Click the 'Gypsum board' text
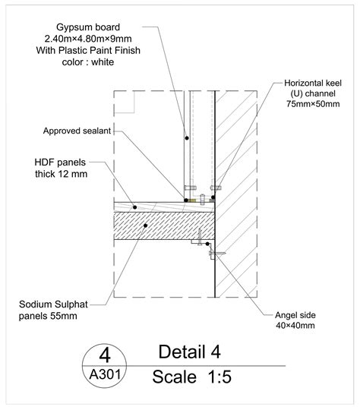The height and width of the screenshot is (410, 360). [x=88, y=27]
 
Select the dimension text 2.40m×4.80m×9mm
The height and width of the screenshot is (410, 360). [x=88, y=39]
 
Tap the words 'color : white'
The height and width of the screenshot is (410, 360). [x=88, y=62]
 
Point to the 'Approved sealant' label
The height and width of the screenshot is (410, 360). [x=77, y=131]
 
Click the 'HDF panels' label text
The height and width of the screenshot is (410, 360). [x=60, y=162]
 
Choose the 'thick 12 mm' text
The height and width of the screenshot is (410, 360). [x=62, y=174]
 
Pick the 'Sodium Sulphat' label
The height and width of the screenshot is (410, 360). [x=53, y=304]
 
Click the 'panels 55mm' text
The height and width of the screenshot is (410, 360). [x=48, y=316]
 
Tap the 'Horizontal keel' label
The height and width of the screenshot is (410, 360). [x=313, y=84]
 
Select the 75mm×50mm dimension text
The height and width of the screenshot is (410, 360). [x=313, y=104]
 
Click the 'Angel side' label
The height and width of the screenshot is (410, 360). [x=295, y=315]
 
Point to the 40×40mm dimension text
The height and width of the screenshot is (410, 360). [x=295, y=326]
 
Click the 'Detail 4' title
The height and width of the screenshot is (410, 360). [x=189, y=352]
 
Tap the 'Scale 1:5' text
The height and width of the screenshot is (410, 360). [x=192, y=377]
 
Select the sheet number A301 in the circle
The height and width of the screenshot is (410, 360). [x=105, y=374]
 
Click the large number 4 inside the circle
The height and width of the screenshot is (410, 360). [x=105, y=355]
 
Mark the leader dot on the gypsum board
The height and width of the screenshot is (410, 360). [x=187, y=137]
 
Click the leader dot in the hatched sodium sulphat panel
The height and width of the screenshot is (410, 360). [x=146, y=225]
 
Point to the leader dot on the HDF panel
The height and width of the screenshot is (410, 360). [x=134, y=207]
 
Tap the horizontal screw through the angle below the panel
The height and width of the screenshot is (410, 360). [x=217, y=253]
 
